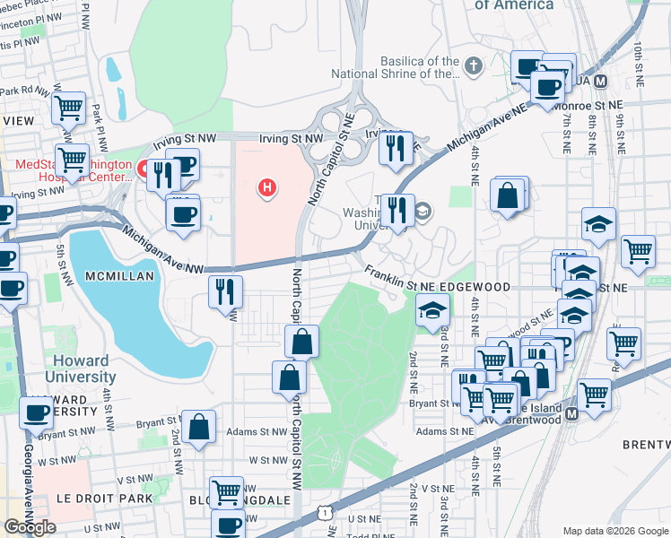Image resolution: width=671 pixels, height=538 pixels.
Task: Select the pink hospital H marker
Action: [x=266, y=187]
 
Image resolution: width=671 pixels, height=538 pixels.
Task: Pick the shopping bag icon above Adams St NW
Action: [x=198, y=427]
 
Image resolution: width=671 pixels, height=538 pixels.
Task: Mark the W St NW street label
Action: [x=266, y=459]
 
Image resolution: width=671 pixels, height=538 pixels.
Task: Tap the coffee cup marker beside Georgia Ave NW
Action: [x=37, y=412]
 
